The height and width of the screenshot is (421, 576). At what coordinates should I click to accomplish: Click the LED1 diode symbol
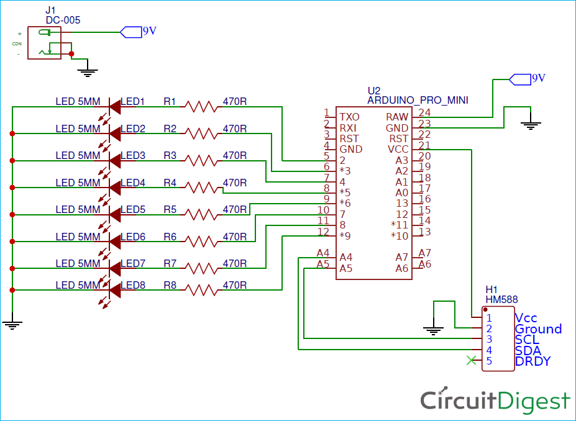tap(114, 107)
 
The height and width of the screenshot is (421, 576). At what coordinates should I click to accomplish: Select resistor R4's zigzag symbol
tap(200, 188)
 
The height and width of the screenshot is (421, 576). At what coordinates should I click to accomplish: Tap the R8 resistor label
tap(170, 286)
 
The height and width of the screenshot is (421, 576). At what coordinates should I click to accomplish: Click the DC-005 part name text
tap(63, 20)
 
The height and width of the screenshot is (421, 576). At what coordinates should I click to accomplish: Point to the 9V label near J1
tap(149, 31)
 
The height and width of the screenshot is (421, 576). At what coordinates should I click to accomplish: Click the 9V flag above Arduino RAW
tap(537, 78)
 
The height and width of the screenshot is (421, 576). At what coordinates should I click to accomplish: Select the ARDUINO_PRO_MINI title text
tap(418, 100)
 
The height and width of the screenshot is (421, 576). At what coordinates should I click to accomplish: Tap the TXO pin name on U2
tap(349, 117)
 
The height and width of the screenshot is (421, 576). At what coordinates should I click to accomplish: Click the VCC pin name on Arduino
tap(398, 150)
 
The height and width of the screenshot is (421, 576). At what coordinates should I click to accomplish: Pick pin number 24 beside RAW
tap(424, 113)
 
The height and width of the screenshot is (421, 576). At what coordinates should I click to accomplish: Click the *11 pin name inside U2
tap(400, 225)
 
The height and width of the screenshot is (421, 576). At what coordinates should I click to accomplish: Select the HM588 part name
tap(501, 299)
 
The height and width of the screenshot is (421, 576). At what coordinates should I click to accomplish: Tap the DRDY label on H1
tap(533, 361)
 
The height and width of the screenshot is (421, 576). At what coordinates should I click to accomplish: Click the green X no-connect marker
tap(472, 360)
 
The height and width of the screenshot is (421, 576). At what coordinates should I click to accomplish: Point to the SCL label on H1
tap(527, 340)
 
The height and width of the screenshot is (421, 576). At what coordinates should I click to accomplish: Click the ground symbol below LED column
tap(12, 323)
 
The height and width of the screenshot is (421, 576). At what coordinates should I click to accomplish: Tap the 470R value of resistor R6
tap(234, 237)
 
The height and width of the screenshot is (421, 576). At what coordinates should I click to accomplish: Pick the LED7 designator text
tap(132, 264)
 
